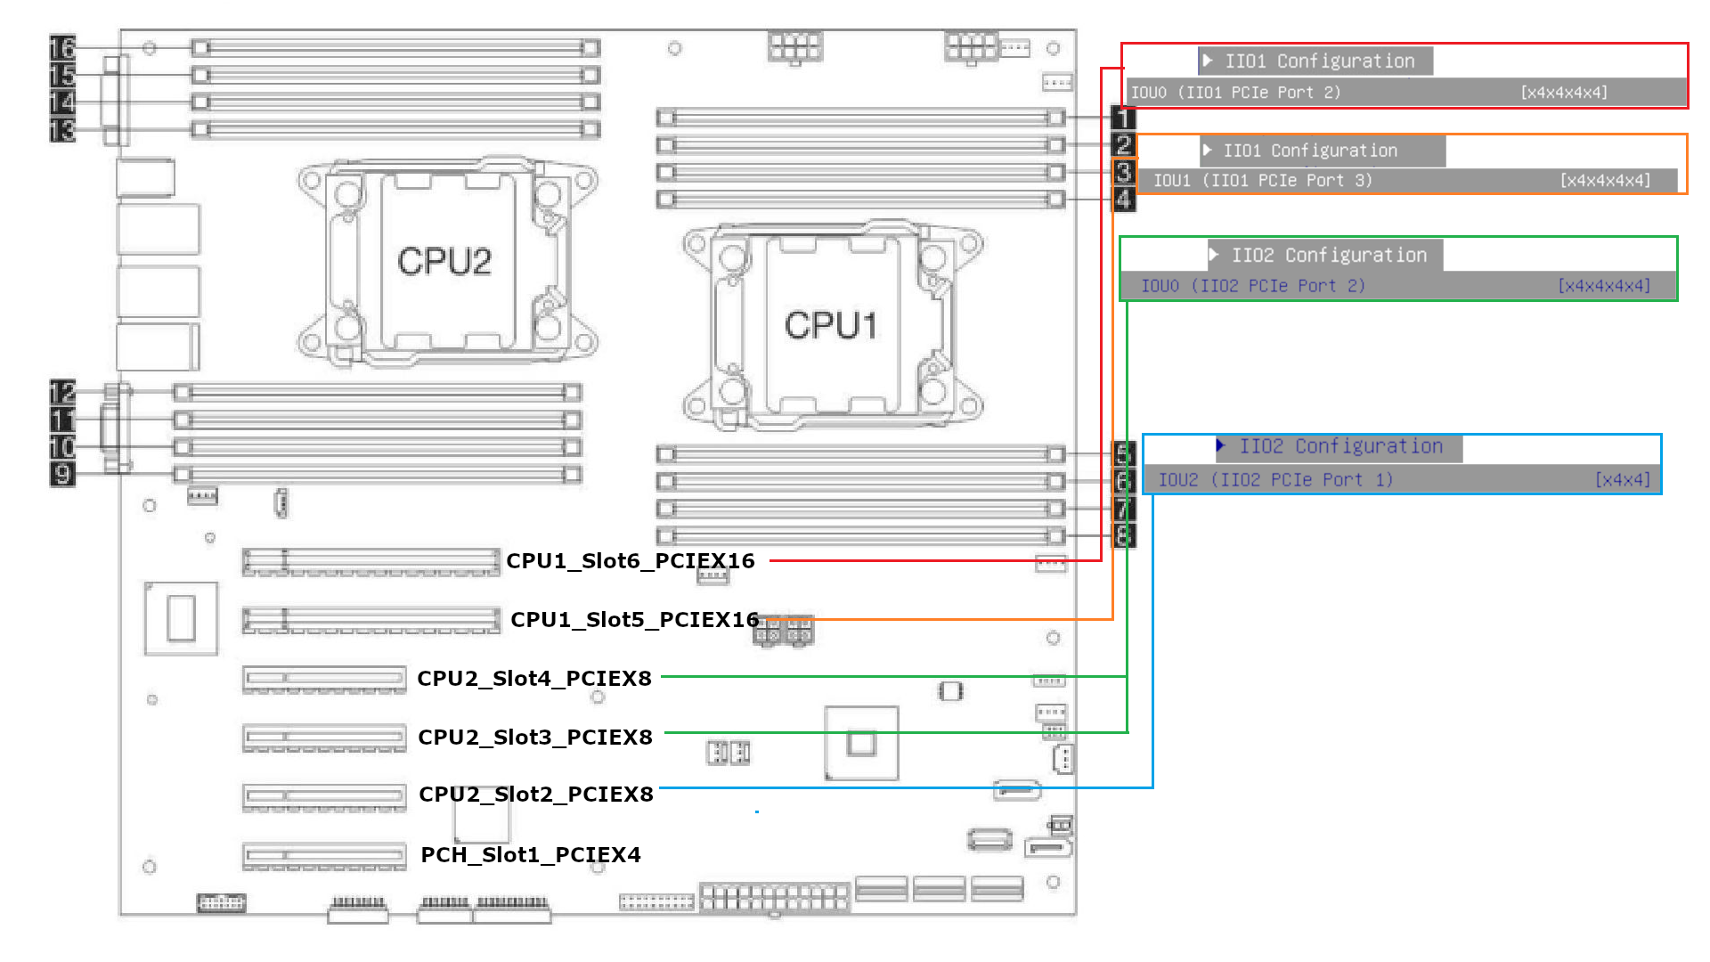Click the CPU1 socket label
pos(830,326)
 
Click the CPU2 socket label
pos(444,262)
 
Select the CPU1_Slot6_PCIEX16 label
pos(631,561)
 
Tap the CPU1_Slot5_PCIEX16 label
pos(634,620)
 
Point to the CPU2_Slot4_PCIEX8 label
pos(534,679)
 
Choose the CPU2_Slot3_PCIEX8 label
pos(535,738)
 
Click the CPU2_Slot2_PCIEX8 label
pos(536,795)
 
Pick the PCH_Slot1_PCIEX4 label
pos(531,855)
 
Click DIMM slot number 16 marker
pos(62,47)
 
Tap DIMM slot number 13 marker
pos(62,131)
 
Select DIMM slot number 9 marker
pos(62,474)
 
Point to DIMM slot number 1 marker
pos(1124,117)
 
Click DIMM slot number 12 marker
pos(62,392)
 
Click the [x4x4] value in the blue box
pos(1623,480)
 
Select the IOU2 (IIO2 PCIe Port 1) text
pos(1275,480)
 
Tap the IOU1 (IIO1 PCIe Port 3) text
pos(1263,181)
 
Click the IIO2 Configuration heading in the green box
pos(1329,256)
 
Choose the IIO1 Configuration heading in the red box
pos(1319,61)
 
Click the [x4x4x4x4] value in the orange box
pos(1605,181)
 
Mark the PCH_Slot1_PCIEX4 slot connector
pos(324,856)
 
